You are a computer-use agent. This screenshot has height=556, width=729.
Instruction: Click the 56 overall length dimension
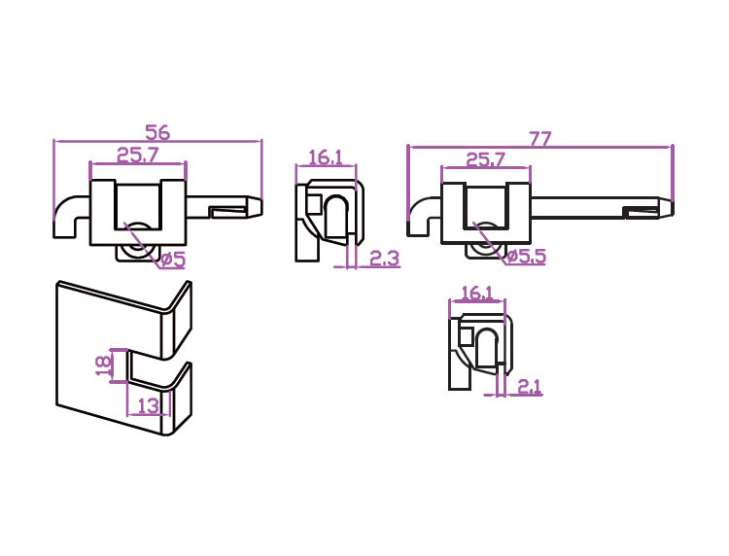158,132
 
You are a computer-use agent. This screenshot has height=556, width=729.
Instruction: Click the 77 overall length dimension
540,139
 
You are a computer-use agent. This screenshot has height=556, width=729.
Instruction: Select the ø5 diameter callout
173,260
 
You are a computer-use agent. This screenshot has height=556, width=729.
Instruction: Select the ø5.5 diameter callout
526,256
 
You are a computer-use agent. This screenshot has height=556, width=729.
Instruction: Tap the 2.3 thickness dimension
385,258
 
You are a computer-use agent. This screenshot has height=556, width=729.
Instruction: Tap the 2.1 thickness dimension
529,386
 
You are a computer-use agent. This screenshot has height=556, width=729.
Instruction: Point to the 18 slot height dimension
105,365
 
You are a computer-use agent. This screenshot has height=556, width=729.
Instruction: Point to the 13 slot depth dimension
149,406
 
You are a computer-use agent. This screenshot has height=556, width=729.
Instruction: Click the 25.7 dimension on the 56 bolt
138,155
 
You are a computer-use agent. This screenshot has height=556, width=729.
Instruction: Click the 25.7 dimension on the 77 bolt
485,160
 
